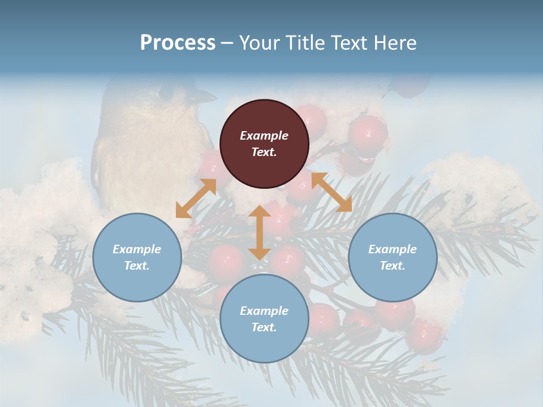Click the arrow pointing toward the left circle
(196, 198)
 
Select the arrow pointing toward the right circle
(332, 192)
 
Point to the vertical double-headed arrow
(259, 232)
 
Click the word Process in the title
(178, 43)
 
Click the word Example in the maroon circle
(264, 136)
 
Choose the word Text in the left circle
(137, 266)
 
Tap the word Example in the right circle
(393, 249)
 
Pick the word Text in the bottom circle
(264, 327)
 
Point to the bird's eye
(166, 93)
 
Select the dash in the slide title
(227, 44)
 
